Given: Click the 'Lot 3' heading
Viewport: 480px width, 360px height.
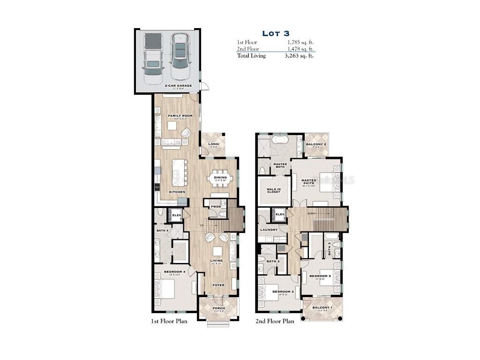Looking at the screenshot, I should coord(276,33).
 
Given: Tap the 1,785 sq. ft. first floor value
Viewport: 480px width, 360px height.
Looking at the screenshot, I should coord(300,42).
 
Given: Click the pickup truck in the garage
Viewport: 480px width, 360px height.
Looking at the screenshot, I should coord(153,58).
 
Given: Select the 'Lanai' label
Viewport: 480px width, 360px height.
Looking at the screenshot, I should coord(213,144).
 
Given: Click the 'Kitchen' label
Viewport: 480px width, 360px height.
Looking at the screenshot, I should coord(177,192).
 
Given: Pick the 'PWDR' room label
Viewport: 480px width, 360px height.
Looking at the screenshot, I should coord(216,206).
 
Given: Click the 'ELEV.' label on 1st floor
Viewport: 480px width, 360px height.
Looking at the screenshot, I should coord(177,215).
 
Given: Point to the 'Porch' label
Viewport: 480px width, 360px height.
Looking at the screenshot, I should coord(218,308).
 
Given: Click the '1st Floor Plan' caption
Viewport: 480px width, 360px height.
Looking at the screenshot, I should coord(169,322).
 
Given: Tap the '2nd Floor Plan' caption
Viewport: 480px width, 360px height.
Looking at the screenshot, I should coord(275,322).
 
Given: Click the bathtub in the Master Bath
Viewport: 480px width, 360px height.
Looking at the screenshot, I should coord(281,140).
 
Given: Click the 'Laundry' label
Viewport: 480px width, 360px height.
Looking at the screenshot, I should coord(269,230).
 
